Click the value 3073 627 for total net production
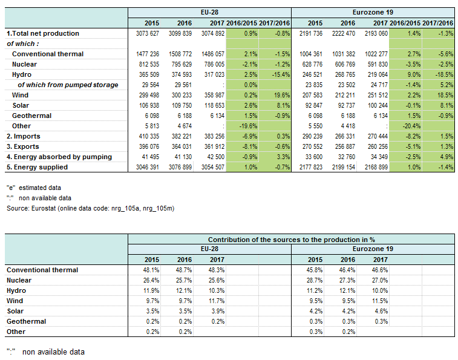click(148, 33)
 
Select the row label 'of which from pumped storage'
click(68, 85)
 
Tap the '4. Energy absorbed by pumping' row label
click(59, 157)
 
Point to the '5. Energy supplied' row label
click(37, 167)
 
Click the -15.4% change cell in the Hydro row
click(281, 74)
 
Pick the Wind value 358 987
click(213, 95)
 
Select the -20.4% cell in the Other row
click(411, 126)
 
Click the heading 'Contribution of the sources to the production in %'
click(291, 240)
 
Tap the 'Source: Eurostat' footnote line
click(91, 208)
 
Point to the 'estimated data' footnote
click(40, 188)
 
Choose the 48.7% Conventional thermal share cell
click(184, 270)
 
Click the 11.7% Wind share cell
click(217, 301)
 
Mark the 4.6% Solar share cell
click(382, 311)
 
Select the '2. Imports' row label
click(24, 137)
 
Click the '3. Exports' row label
click(23, 146)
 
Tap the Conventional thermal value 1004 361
click(311, 54)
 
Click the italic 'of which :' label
click(23, 44)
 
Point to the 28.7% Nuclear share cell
click(315, 280)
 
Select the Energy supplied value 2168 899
click(376, 167)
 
